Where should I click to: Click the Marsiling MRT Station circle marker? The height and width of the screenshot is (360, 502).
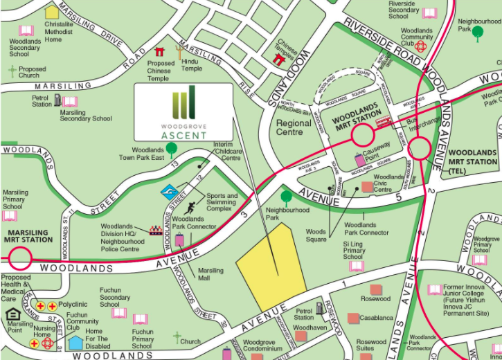[20, 260]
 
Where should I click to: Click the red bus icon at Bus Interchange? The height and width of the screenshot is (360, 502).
[382, 122]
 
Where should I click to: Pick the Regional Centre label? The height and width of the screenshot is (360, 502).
[294, 127]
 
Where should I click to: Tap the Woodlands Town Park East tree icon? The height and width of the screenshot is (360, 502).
[172, 147]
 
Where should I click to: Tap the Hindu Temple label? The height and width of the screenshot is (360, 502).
[191, 64]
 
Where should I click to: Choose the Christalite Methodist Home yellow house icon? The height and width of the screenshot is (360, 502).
[52, 12]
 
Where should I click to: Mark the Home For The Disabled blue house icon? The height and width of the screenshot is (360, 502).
[76, 342]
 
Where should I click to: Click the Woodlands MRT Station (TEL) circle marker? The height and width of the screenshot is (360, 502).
[419, 148]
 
